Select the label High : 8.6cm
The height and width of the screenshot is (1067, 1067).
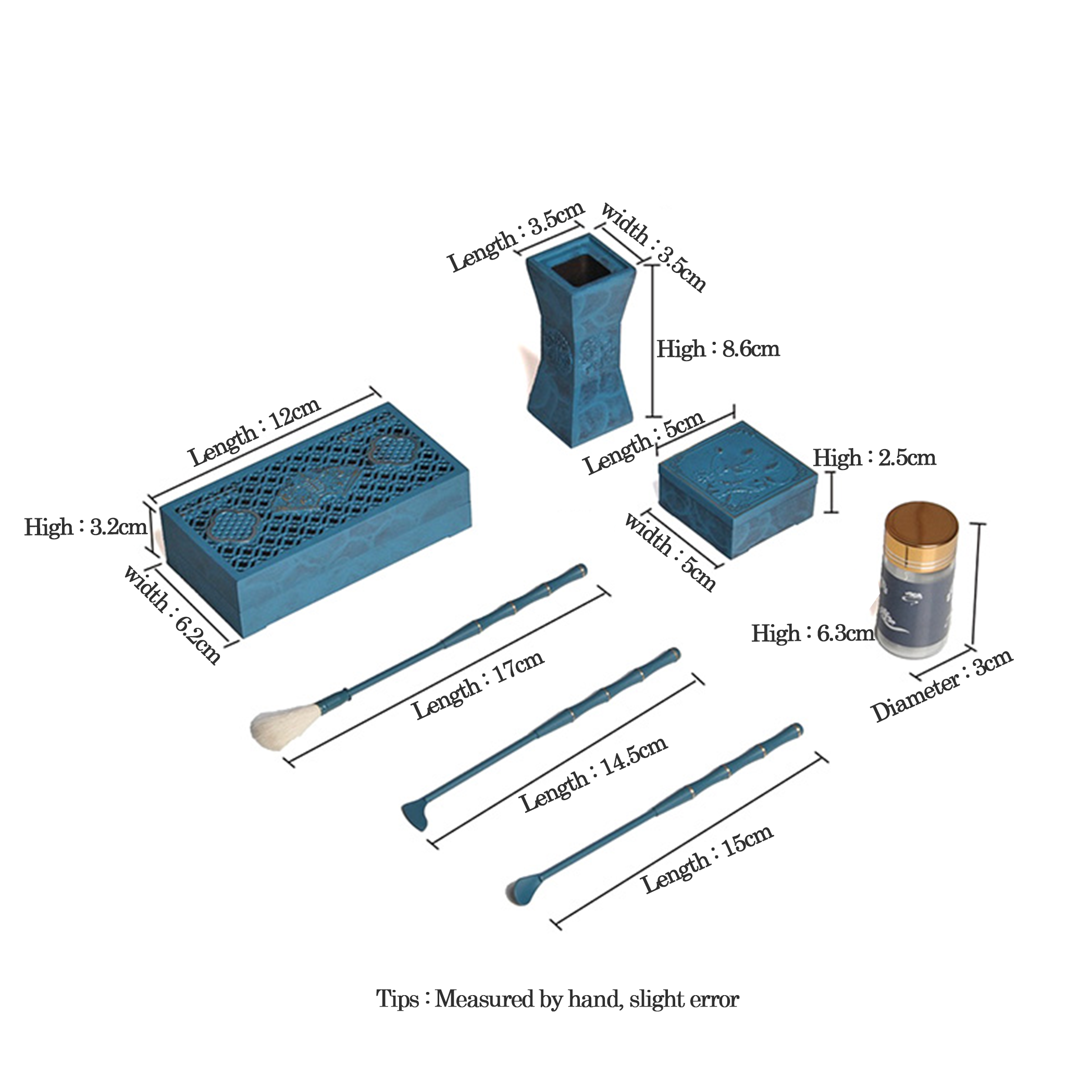tap(718, 349)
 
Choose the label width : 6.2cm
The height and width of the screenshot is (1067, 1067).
tap(172, 614)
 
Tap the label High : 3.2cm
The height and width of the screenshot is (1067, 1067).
tap(85, 527)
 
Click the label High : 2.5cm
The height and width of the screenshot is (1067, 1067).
tap(875, 458)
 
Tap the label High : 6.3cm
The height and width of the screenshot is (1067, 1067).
tap(813, 634)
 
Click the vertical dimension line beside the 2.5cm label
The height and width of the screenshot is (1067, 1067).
tap(831, 491)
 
